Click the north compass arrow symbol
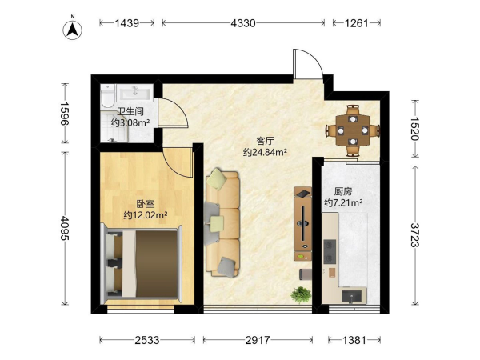pos(73,30)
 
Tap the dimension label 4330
pos(243,23)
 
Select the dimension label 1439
pos(127,23)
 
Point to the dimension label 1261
pos(357,23)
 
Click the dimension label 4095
pos(65,228)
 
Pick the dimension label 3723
pos(415,234)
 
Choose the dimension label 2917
pos(258,340)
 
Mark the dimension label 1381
pos(354,340)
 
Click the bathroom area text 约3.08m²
pos(130,122)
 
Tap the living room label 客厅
pos(265,141)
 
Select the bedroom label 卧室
pos(146,204)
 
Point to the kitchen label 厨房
pos(343,192)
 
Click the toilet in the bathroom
pos(107,96)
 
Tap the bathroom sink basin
pos(134,93)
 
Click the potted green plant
pos(301,294)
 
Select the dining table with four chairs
pos(353,130)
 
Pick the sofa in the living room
pos(222,222)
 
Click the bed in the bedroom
pos(142,264)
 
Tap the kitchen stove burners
pos(330,251)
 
